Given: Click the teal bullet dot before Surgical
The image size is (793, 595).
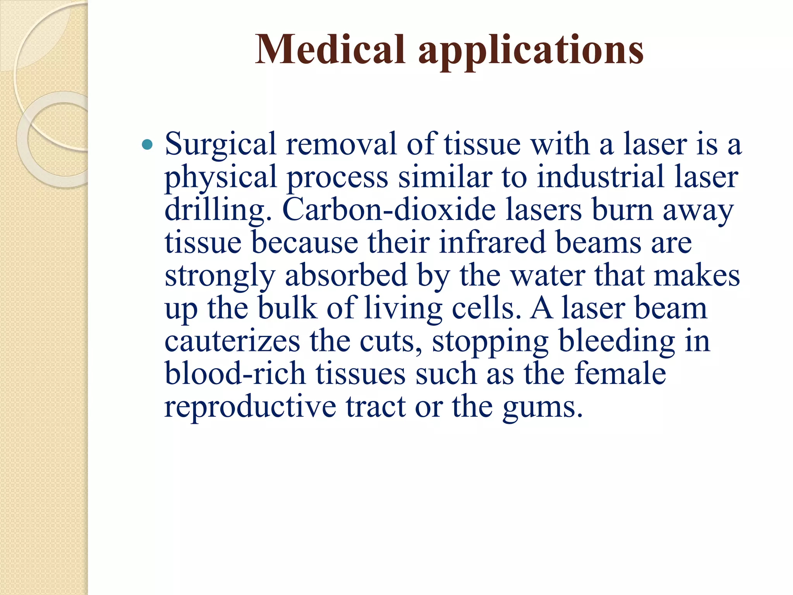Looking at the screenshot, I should coord(148,145).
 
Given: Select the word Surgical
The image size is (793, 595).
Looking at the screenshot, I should coord(220,144).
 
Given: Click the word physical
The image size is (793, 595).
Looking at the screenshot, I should coord(220,177).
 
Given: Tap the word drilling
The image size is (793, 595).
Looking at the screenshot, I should coord(218,210).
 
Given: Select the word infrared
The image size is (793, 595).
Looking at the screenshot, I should coord(492,242).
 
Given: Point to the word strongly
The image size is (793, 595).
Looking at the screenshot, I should coord(220,276).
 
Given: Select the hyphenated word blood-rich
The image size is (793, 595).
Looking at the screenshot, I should coord(235,374).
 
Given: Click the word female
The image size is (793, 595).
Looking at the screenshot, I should coord(620,374).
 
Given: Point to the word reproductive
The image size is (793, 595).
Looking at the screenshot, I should coord(250,408).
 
